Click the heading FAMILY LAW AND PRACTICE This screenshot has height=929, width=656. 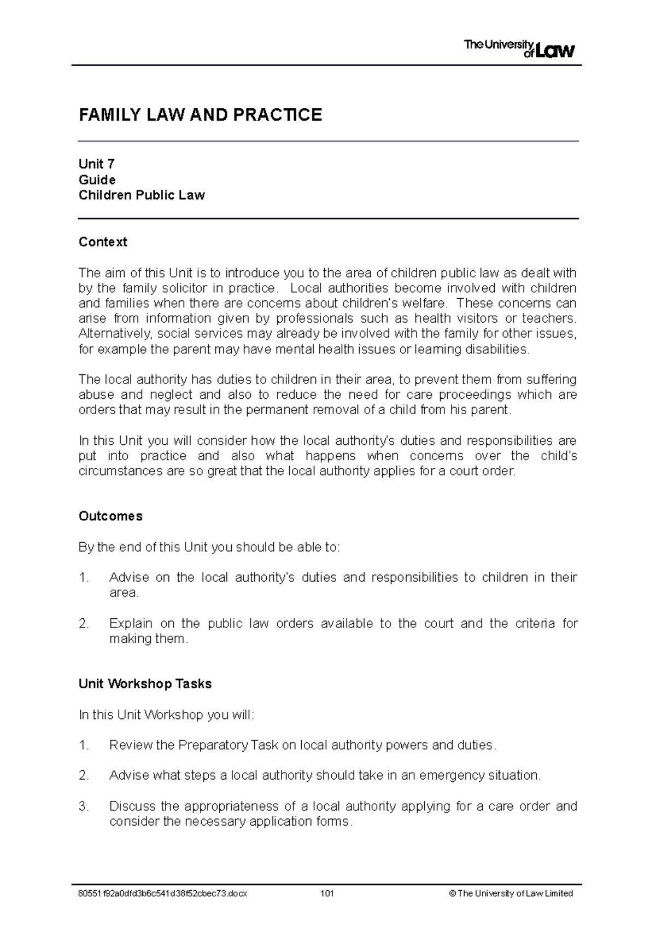(200, 115)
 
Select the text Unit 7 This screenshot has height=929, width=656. (96, 164)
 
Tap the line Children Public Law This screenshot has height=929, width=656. (142, 195)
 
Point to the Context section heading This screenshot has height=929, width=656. (103, 242)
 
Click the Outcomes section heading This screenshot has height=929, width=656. (110, 516)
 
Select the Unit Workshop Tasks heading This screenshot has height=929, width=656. (145, 684)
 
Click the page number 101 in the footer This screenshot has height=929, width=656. (327, 893)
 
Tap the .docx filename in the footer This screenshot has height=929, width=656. (163, 893)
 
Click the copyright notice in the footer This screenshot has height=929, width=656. (511, 893)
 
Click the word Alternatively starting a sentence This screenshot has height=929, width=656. (109, 334)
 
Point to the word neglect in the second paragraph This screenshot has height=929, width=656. (171, 395)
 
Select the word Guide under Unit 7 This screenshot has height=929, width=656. (97, 180)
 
